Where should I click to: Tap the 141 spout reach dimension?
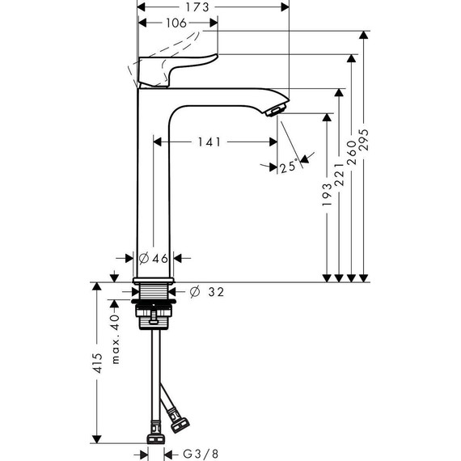click(x=208, y=142)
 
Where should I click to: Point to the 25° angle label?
click(x=287, y=167)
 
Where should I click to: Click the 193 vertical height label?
click(x=328, y=197)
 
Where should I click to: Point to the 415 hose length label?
click(x=97, y=369)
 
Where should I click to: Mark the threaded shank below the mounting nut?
click(x=153, y=322)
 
